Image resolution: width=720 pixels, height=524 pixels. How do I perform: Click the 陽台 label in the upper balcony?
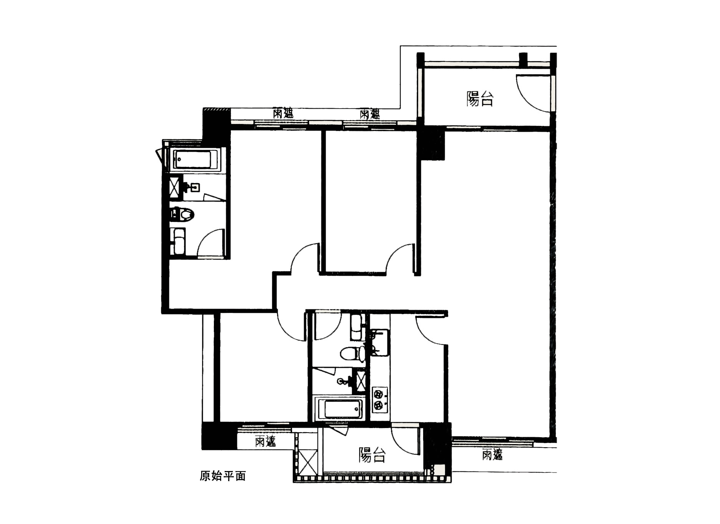pos(480,99)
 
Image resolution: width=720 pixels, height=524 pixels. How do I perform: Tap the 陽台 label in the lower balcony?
pos(372,455)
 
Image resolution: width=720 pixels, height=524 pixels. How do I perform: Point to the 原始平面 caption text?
pos(223,476)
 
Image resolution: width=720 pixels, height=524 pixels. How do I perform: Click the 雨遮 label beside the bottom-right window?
pos(492,455)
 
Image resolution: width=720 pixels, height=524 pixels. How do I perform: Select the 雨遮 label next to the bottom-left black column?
pos(265,441)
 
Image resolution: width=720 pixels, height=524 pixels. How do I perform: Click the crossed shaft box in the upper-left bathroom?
pos(176,187)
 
